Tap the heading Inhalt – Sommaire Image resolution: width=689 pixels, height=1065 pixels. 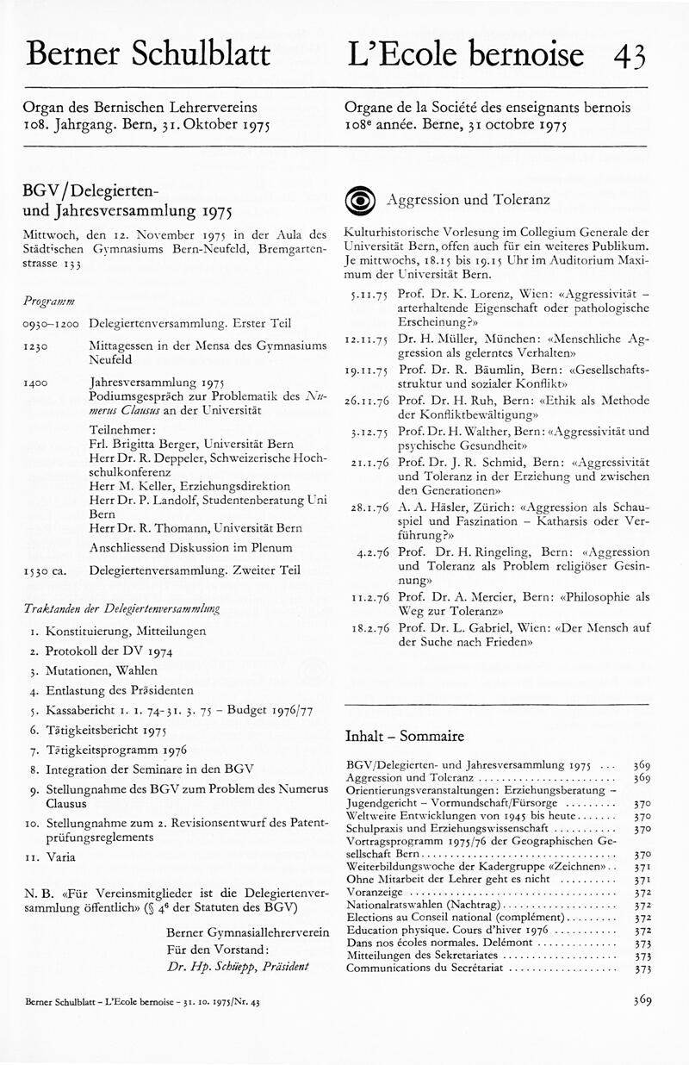[x=404, y=736]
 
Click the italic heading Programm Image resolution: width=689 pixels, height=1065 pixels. [x=49, y=301]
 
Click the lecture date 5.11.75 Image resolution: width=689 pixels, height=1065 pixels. [x=368, y=294]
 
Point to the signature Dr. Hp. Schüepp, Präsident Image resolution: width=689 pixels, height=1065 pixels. [x=238, y=966]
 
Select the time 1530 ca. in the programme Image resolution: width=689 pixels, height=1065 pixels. [x=48, y=570]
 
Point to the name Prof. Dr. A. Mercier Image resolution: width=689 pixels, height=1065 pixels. [x=450, y=595]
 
